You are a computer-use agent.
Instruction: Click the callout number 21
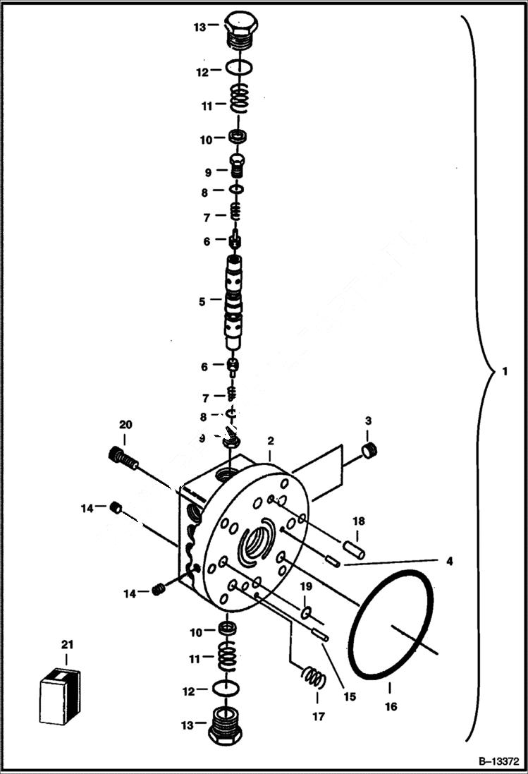(x=67, y=644)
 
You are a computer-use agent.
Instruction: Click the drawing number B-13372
(x=498, y=762)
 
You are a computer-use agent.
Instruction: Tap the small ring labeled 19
(x=307, y=610)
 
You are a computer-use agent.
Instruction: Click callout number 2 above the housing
(x=269, y=441)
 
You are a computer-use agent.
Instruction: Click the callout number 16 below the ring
(x=391, y=706)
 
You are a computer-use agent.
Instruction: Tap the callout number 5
(x=202, y=301)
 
